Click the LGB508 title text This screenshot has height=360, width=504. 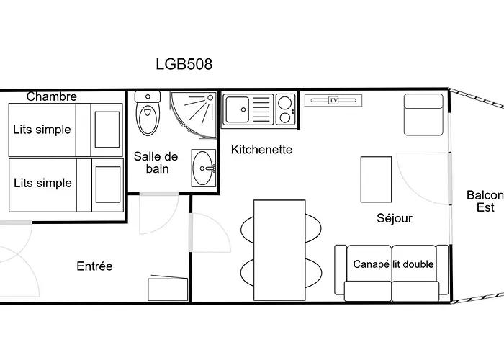pos(184,64)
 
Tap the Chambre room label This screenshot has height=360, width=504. pos(52,96)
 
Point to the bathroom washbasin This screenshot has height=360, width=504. pos(204,169)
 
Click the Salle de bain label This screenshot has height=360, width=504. pos(156,163)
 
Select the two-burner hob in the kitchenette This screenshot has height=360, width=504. pos(285,110)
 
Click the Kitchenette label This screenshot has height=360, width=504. pos(261,150)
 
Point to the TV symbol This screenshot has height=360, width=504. pos(333,100)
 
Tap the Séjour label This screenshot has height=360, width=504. pos(395,217)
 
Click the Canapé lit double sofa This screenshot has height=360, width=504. pos(392,272)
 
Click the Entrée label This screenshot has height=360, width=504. pos(94,266)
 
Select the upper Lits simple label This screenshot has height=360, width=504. pos(42,130)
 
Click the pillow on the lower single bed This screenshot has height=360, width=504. pos(108,182)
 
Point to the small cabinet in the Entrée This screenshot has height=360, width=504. pos(168,289)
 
